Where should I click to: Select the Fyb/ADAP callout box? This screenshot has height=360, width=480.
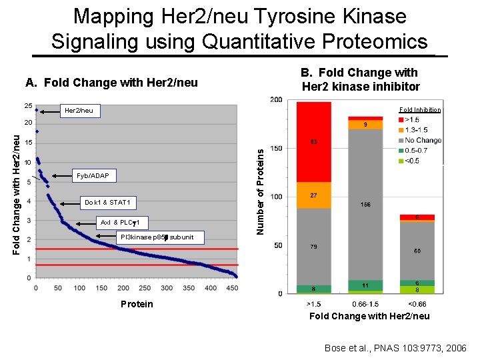click(x=93, y=175)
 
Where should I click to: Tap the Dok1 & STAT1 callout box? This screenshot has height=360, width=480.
click(x=107, y=202)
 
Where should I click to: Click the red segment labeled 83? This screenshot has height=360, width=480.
click(x=313, y=141)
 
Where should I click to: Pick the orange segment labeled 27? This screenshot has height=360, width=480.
click(x=313, y=195)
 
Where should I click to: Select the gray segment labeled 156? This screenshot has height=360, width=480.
click(x=365, y=205)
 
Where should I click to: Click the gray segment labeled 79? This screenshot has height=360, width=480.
click(x=313, y=247)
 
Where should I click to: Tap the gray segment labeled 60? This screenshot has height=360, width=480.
click(x=417, y=251)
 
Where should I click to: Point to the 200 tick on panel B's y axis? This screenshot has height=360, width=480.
click(x=276, y=100)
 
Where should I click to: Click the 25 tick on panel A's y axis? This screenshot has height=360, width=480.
click(x=28, y=106)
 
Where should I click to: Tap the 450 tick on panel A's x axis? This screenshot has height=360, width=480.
click(x=233, y=288)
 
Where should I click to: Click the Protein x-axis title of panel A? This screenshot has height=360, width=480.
click(x=137, y=304)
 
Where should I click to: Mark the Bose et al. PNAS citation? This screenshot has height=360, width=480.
click(x=396, y=348)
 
